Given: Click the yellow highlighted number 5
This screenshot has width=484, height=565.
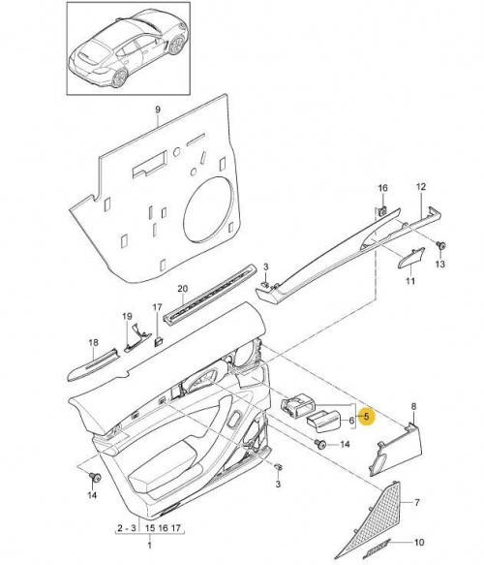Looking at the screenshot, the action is click(x=366, y=416).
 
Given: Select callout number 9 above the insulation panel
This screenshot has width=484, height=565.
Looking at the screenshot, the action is click(x=158, y=110).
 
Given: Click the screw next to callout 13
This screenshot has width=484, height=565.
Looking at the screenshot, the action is click(x=441, y=246).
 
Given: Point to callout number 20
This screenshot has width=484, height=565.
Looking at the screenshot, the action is click(x=183, y=289).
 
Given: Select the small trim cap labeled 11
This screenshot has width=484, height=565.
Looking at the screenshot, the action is click(x=411, y=258).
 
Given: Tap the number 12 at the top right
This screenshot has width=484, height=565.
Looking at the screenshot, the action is click(x=421, y=187).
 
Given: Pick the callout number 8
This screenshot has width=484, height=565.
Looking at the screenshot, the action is click(x=413, y=406).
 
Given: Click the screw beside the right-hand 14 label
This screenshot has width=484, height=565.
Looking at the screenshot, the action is click(x=319, y=444).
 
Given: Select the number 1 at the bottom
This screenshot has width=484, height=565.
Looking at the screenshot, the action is click(x=149, y=546).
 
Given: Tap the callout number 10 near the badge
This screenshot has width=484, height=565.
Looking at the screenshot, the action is click(x=419, y=543).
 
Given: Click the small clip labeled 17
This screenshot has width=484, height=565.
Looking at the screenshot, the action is click(x=159, y=341).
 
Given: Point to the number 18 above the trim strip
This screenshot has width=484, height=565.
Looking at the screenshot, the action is click(x=93, y=342).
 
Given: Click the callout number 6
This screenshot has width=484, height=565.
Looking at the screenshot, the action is click(x=351, y=421).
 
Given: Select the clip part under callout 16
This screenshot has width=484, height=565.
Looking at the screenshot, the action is click(x=383, y=210).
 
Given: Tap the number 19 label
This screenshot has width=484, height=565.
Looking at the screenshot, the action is click(x=127, y=316).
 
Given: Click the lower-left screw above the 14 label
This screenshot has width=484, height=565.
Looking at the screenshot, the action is click(x=96, y=478).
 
